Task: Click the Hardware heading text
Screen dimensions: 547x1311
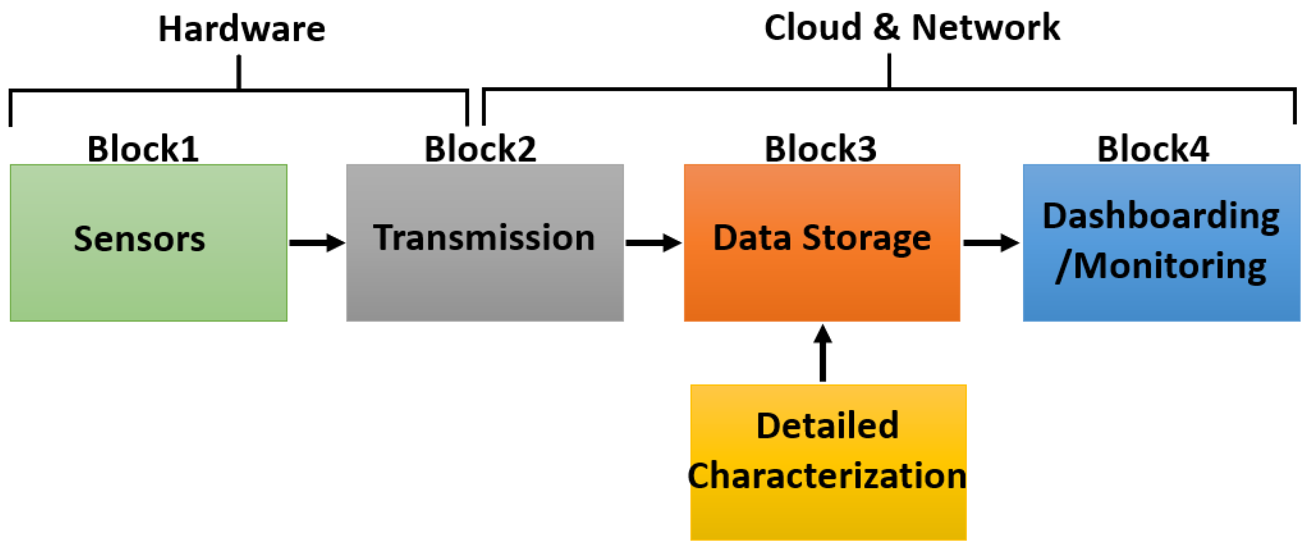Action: [x=242, y=29]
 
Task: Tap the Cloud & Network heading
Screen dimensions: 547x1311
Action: [x=912, y=27]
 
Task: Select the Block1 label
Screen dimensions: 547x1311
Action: [x=143, y=149]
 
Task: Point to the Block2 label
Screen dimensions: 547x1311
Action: [x=480, y=149]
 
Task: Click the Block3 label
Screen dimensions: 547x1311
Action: [x=820, y=149]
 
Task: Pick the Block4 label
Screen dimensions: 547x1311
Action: [x=1153, y=149]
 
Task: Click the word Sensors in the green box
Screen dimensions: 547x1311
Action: [x=139, y=239]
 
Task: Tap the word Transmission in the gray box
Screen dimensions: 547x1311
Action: [x=484, y=238]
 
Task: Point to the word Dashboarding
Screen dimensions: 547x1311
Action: [x=1161, y=217]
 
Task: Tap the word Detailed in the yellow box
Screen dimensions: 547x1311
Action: [x=827, y=426]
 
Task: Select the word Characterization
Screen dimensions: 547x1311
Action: [x=827, y=475]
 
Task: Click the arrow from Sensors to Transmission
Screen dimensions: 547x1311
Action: [x=316, y=243]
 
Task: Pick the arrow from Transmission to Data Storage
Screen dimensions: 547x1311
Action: [x=653, y=243]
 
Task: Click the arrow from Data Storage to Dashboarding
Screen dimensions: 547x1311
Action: [x=991, y=243]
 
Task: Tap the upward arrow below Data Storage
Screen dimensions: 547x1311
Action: [x=822, y=354]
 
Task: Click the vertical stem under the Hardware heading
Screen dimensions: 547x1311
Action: [x=239, y=72]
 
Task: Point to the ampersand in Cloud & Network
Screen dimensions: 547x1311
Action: [x=886, y=27]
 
